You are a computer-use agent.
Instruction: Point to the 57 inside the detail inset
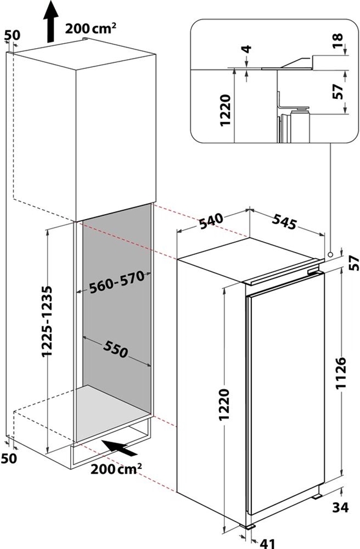[x=339, y=91]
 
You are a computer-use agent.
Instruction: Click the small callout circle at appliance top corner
[x=330, y=254]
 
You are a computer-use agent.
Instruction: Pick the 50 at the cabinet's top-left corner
[x=11, y=35]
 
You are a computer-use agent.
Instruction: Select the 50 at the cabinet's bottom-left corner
[x=11, y=458]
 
